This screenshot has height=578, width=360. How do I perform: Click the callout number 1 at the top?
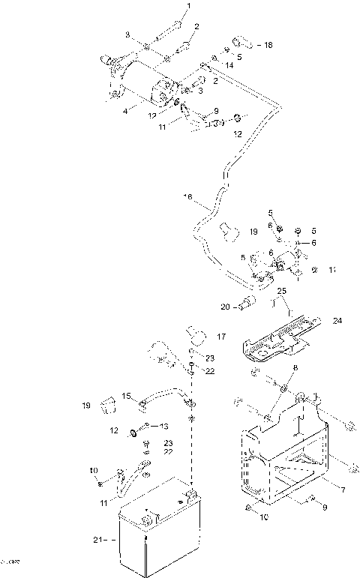pos(188,7)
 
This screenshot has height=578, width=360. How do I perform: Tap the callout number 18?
pos(269,45)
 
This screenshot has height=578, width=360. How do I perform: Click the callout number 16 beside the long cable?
pos(187,197)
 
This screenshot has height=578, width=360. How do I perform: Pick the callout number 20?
pos(226,306)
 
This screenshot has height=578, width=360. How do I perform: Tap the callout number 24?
pos(337,320)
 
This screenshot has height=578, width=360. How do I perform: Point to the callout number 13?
pos(164,426)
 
